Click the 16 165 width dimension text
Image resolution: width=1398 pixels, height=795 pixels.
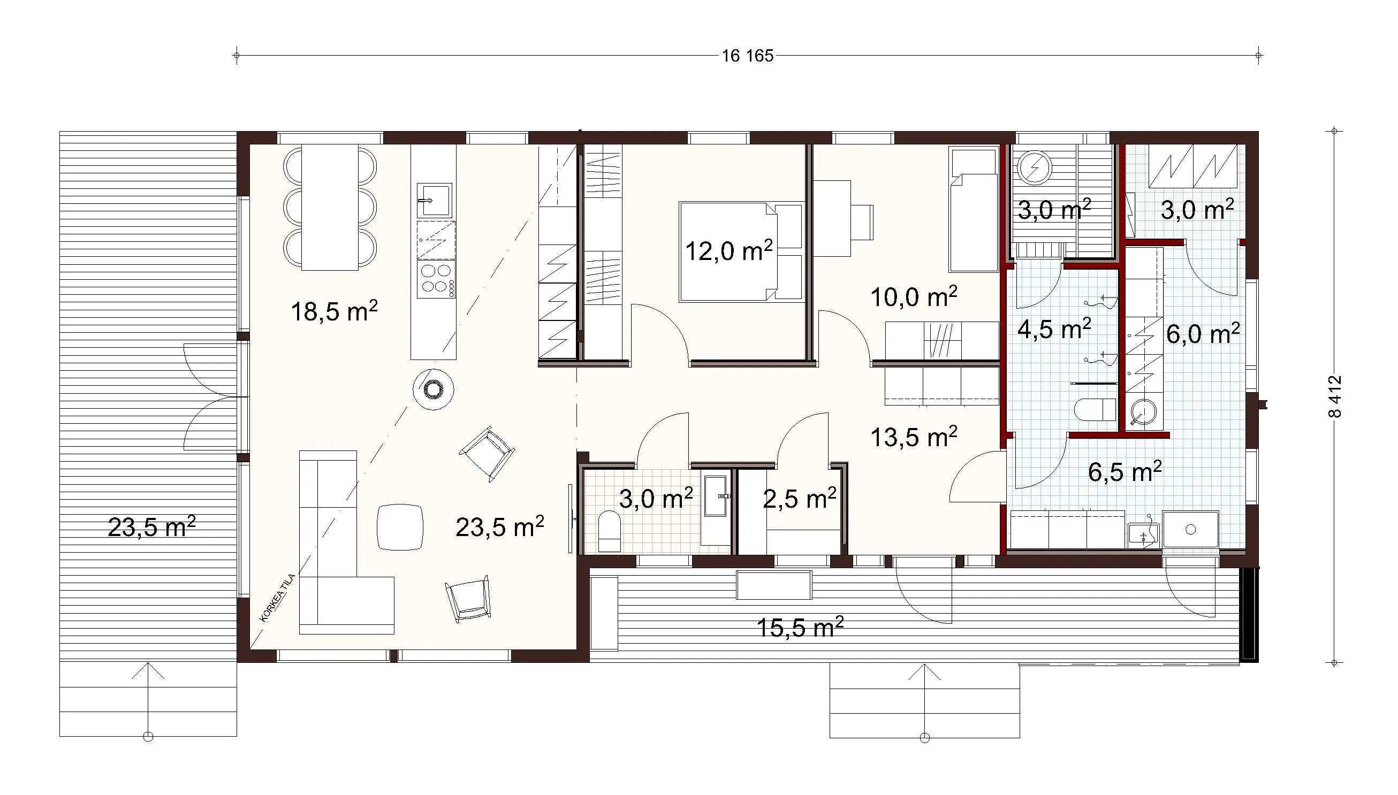pos(747,56)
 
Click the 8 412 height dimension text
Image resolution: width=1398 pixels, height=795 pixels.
pos(1334,396)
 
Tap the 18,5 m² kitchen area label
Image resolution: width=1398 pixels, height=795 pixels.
pos(333,311)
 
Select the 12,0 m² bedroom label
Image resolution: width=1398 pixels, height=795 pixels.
pos(728,251)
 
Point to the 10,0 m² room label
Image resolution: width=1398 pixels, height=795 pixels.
pos(913,297)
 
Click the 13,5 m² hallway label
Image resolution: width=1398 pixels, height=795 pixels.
pos(913,438)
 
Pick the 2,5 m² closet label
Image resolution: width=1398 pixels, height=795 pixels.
pos(799,499)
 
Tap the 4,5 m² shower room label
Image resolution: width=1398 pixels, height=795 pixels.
pos(1054,329)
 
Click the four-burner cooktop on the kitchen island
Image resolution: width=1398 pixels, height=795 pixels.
pos(436,279)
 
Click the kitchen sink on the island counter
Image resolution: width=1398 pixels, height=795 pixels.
pos(434,200)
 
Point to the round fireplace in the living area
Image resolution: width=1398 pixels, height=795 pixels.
pos(433,389)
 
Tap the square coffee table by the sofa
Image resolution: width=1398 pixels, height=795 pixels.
pos(400,527)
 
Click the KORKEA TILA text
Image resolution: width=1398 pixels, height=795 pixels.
pos(277,599)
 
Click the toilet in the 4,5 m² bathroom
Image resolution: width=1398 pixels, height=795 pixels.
pos(1094,409)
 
